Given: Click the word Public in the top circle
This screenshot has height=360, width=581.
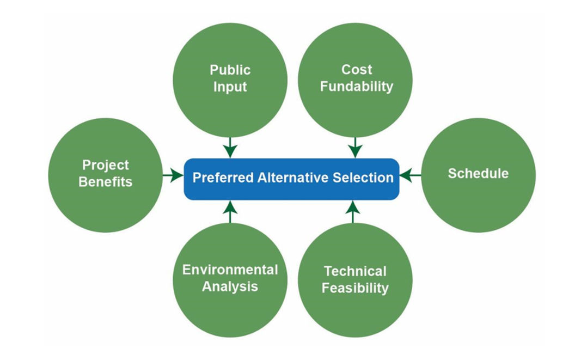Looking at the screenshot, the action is pyautogui.click(x=230, y=70).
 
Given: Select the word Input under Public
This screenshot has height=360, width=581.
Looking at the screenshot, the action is pyautogui.click(x=230, y=87).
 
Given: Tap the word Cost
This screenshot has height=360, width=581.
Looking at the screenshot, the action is pyautogui.click(x=357, y=69).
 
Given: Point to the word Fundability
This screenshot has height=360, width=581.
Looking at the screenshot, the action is pyautogui.click(x=357, y=87).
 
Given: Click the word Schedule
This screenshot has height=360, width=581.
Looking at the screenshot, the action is pyautogui.click(x=478, y=174).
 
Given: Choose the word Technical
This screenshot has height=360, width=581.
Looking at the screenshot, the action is pyautogui.click(x=355, y=271).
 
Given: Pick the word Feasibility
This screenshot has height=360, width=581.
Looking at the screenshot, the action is pyautogui.click(x=355, y=288).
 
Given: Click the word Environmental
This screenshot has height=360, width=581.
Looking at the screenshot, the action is pyautogui.click(x=230, y=270).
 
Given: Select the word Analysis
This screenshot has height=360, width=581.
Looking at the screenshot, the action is pyautogui.click(x=230, y=286).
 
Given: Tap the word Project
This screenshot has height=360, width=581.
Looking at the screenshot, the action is pyautogui.click(x=105, y=165).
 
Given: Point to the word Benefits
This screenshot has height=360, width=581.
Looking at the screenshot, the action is pyautogui.click(x=105, y=182).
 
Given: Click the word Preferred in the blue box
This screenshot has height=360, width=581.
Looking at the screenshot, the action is pyautogui.click(x=223, y=178).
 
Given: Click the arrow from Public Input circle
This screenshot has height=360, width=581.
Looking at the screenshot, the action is pyautogui.click(x=230, y=148).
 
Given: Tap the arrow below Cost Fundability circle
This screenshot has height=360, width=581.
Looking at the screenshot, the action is pyautogui.click(x=356, y=148).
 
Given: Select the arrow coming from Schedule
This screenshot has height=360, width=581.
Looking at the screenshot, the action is pyautogui.click(x=410, y=175).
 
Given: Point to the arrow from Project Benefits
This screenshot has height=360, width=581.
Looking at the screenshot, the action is pyautogui.click(x=173, y=175).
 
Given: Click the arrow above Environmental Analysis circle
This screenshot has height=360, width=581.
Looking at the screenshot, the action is pyautogui.click(x=230, y=212).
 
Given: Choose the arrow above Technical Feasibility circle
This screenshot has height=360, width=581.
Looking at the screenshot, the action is pyautogui.click(x=353, y=212).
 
